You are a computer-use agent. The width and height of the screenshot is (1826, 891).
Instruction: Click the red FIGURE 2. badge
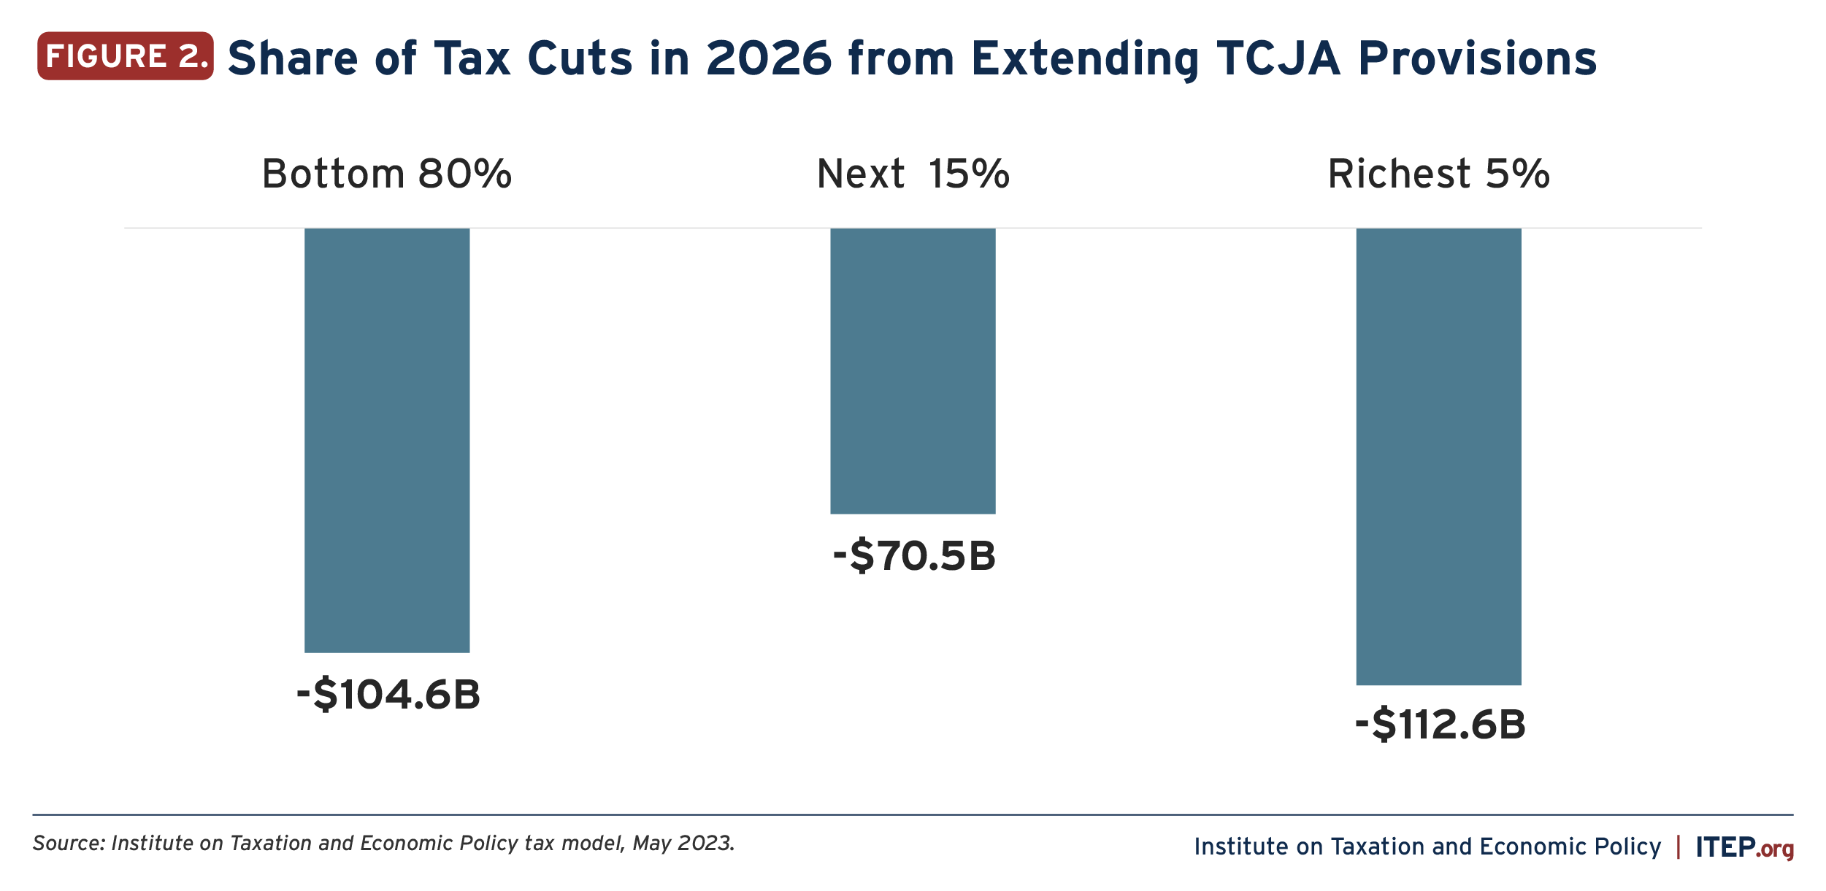point(126,56)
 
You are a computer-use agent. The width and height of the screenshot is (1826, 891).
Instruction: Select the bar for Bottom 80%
point(387,440)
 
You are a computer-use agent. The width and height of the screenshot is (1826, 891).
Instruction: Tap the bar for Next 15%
point(913,371)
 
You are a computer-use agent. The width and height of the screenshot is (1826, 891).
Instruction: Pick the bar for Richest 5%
point(1438,456)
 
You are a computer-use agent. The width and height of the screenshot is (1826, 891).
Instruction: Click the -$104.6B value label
point(388,694)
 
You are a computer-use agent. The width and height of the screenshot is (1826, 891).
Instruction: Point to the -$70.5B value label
point(914,556)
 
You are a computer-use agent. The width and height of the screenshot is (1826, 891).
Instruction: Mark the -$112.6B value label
point(1441,725)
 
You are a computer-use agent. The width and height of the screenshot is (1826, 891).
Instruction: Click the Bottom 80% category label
point(387,174)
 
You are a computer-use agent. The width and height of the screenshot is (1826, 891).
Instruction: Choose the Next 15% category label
point(913,174)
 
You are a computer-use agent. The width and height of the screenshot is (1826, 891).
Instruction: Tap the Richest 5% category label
point(1438,174)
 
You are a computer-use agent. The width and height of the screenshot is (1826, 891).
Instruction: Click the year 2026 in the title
point(769,58)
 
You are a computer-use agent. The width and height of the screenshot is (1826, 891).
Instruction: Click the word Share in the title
point(293,58)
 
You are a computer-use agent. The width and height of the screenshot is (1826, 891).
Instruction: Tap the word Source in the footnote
point(70,844)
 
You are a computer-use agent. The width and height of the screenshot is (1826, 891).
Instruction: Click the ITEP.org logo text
point(1744,847)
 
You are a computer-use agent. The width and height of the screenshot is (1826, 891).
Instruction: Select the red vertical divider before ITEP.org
point(1679,846)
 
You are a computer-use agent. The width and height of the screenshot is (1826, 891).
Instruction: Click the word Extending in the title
point(1085,58)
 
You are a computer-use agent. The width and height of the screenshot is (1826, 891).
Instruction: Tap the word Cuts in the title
point(580,58)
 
